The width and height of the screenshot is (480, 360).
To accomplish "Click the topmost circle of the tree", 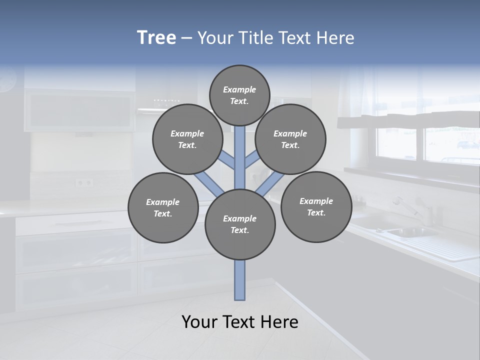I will [239, 95].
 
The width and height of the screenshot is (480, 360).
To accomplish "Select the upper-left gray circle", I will [187, 139].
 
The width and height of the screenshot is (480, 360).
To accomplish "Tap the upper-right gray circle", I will [290, 139].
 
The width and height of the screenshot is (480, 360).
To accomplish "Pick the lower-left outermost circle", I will [163, 207].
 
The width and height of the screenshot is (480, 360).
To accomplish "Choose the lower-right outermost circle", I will [316, 206].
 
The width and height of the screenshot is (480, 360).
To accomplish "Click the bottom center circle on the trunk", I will [240, 224].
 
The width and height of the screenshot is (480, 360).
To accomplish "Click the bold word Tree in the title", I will [156, 37].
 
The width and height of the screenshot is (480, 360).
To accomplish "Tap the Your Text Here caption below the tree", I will [240, 322].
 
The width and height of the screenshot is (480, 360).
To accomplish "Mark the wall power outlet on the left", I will [84, 182].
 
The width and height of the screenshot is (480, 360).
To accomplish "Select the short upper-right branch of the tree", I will [251, 161].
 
